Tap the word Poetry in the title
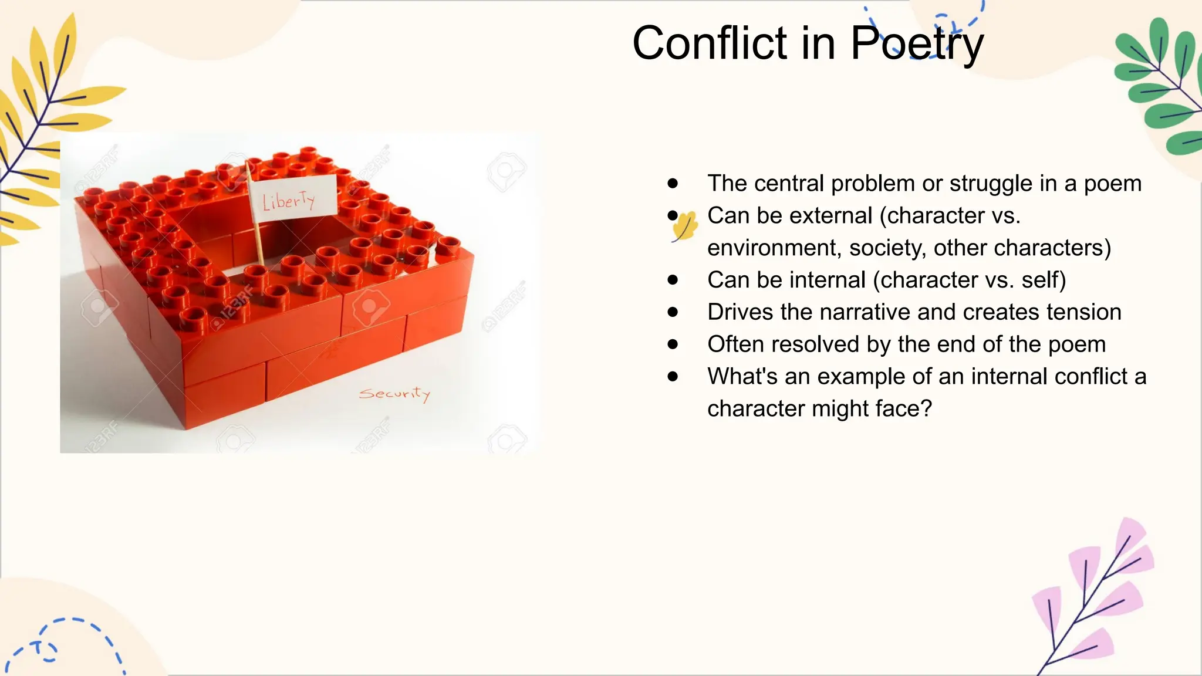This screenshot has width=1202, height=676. click(917, 43)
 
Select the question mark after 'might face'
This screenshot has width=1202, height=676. click(926, 408)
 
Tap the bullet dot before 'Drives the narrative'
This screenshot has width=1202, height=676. click(673, 312)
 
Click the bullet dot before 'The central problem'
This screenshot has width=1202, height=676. click(673, 184)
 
